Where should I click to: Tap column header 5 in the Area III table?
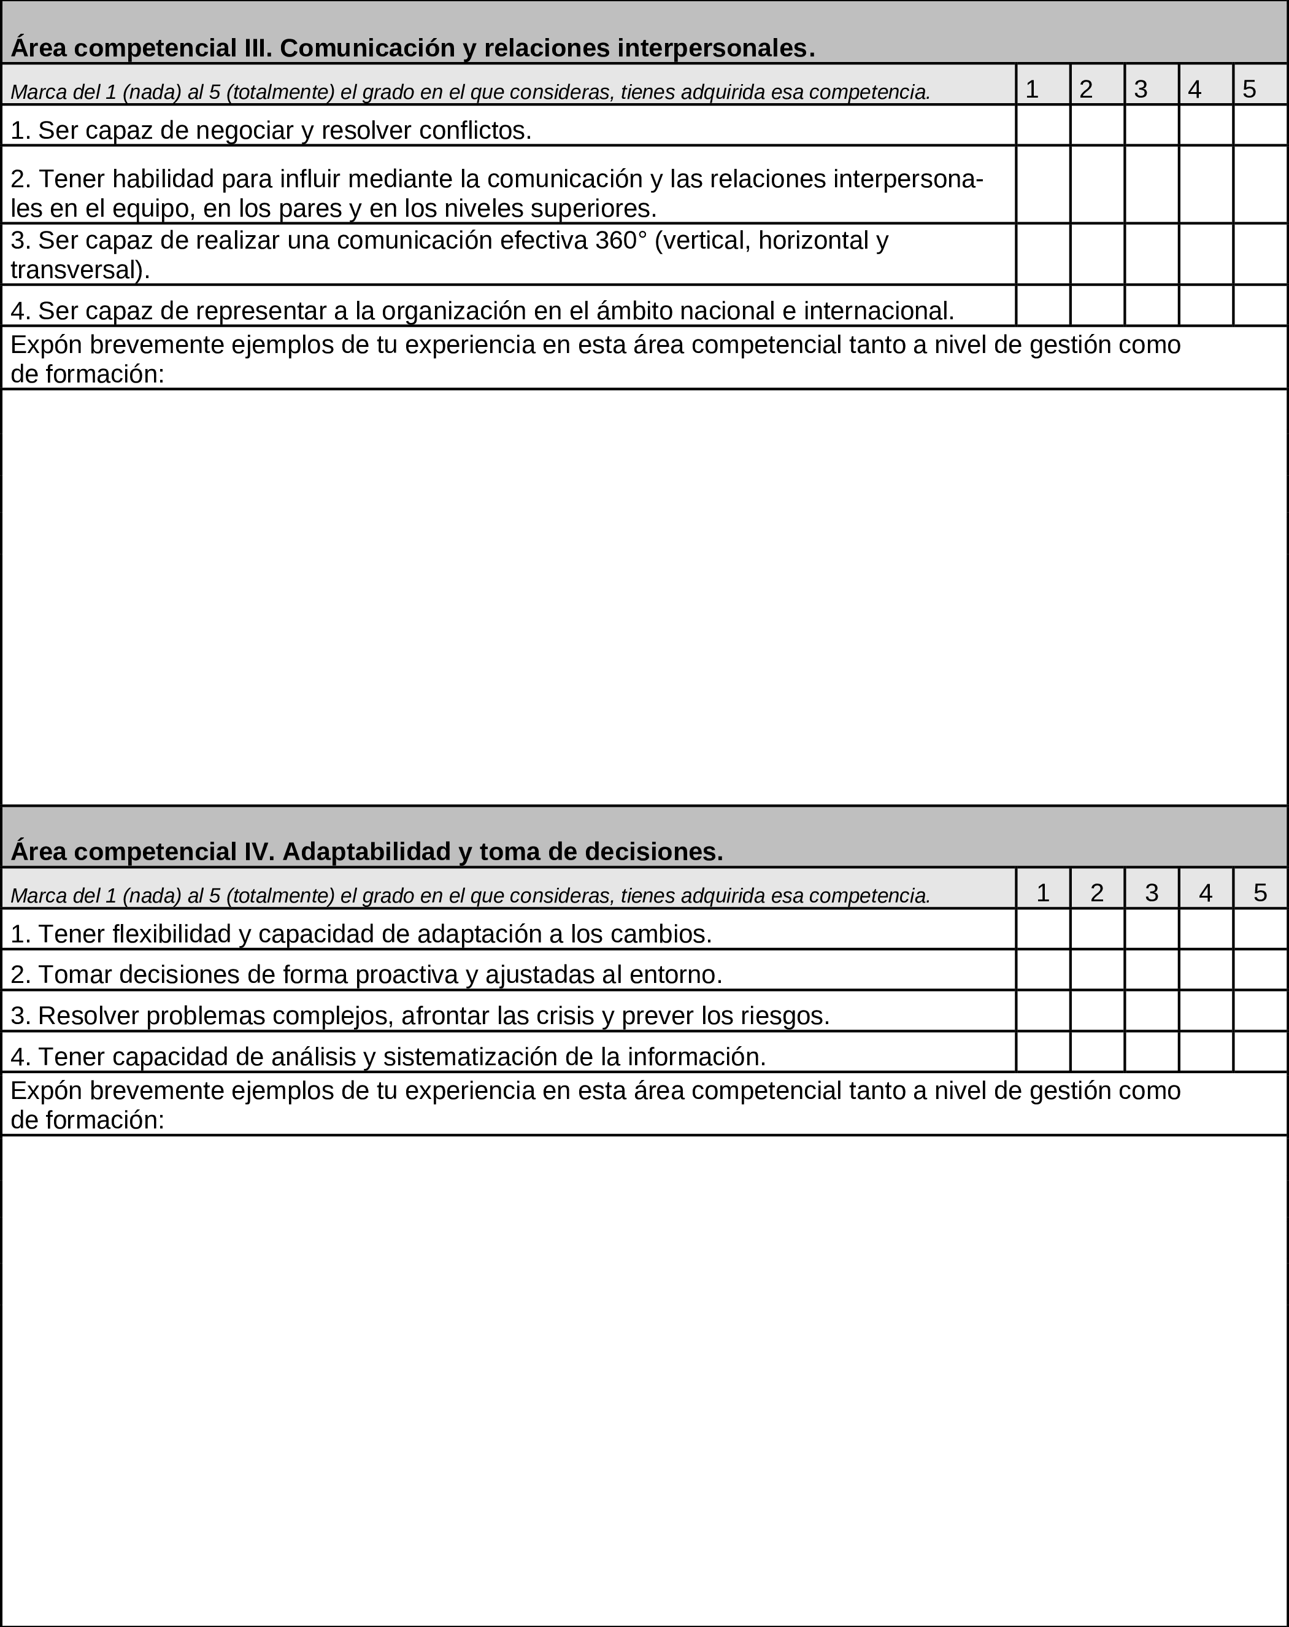point(1249,89)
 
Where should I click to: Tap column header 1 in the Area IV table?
point(1042,893)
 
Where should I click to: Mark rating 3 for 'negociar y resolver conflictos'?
point(1151,125)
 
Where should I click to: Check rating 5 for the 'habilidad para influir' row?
point(1260,184)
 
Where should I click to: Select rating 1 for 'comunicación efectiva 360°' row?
point(1042,254)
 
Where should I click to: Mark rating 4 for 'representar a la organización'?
point(1206,306)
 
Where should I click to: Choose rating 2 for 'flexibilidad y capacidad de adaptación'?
point(1097,929)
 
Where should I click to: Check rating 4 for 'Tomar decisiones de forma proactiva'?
point(1206,969)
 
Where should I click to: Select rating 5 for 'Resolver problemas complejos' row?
point(1260,1011)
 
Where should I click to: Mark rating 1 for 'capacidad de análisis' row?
point(1042,1051)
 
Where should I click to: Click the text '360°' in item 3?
point(621,241)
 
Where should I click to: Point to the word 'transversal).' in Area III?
point(80,270)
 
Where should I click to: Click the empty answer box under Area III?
point(644,596)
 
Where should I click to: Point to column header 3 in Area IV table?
point(1151,893)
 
